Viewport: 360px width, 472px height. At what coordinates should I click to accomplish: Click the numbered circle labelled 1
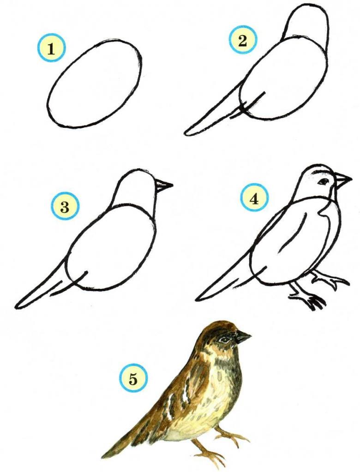pyautogui.click(x=52, y=48)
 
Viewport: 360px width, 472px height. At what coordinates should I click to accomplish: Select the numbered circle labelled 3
pyautogui.click(x=65, y=207)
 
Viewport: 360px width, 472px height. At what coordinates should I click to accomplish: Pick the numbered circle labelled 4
pyautogui.click(x=254, y=199)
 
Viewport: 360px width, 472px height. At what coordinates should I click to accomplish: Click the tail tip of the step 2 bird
pyautogui.click(x=186, y=132)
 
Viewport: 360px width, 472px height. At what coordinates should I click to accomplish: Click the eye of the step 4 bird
pyautogui.click(x=324, y=181)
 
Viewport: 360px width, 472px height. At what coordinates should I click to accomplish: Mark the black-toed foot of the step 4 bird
pyautogui.click(x=313, y=301)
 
